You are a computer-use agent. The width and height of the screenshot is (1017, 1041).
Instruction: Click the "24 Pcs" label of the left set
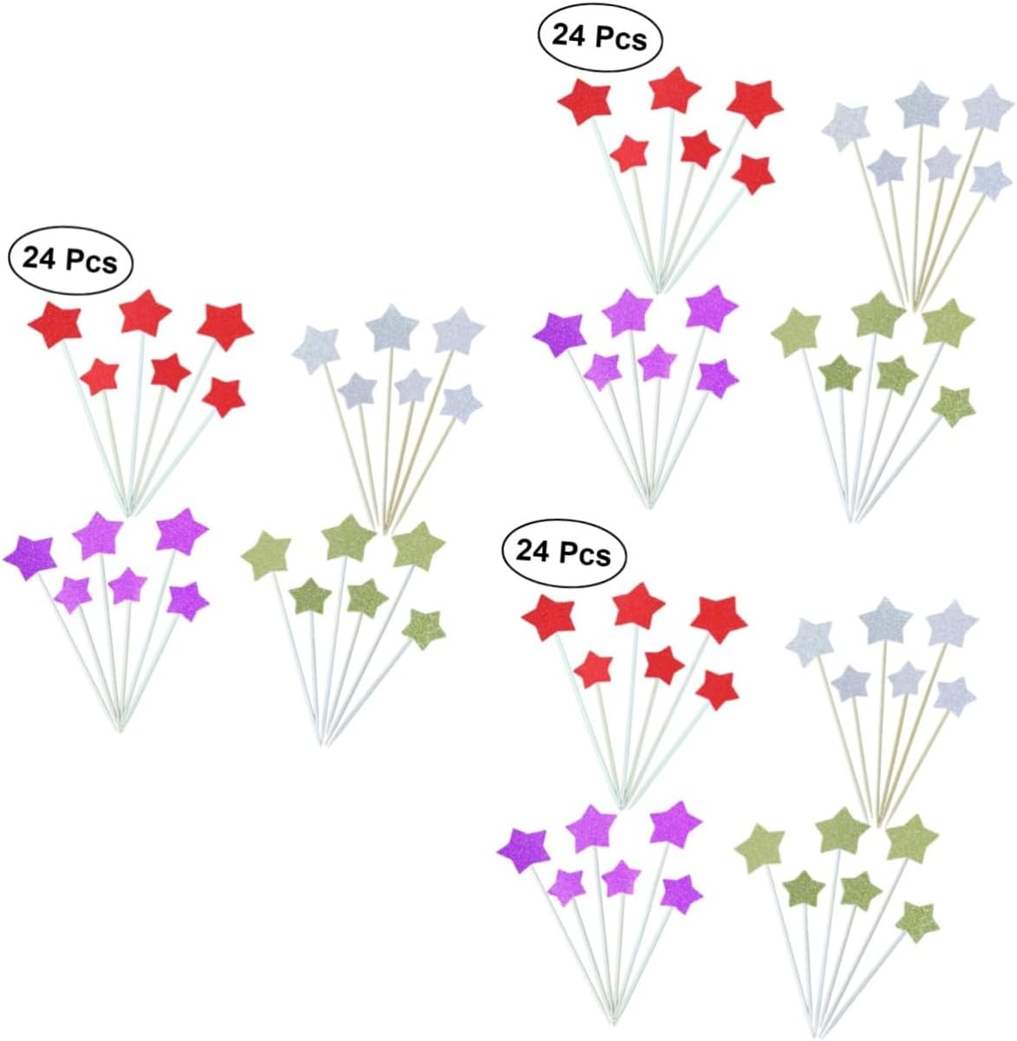coord(70,259)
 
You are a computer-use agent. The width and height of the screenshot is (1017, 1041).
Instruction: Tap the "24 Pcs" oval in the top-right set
coord(599,37)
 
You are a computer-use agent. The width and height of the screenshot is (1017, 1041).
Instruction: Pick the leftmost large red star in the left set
coord(55,325)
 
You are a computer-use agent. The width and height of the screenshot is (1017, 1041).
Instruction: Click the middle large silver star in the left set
coord(393,328)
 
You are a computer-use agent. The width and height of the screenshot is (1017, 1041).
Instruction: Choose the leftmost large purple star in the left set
coord(30,557)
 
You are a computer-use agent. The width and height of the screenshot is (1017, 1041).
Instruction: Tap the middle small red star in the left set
coord(171,372)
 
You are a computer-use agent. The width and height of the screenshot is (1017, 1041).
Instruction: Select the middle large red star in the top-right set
coord(674,90)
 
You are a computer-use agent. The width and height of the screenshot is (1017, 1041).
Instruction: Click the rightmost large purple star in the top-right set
coord(712,307)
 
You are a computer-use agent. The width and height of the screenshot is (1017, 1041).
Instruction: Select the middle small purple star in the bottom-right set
coord(621,877)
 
